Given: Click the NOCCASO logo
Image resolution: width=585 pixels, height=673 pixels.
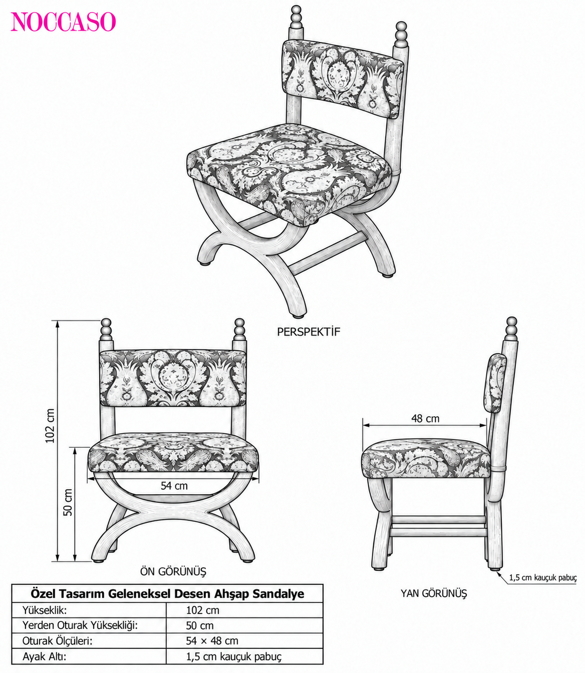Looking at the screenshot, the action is pos(63,22).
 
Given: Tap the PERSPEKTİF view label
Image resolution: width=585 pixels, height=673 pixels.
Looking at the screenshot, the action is pos(308,332).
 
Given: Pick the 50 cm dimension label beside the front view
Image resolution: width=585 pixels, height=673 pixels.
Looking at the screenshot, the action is pos(68,502).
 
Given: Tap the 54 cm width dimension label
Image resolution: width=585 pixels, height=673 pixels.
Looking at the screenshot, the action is pos(174,486).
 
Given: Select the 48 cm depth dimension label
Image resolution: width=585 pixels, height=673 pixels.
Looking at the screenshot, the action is pos(425,418).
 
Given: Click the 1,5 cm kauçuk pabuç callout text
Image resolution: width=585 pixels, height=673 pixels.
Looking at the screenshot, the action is pos(543,577).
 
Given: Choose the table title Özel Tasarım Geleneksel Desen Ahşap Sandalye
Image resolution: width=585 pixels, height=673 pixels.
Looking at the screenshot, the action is pos(167,594).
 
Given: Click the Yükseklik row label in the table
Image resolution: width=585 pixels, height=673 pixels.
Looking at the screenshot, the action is pos(45,610).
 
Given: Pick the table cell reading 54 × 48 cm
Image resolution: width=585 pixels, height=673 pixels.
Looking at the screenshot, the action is pos(212,640).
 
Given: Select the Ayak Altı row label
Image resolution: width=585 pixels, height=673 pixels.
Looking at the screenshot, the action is pos(45,656).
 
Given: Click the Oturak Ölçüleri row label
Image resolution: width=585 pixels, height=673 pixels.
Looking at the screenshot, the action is pos(57,641).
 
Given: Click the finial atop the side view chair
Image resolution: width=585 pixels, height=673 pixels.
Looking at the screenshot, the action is pos(511,329).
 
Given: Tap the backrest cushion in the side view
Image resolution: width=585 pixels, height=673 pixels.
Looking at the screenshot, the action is pos(494,383).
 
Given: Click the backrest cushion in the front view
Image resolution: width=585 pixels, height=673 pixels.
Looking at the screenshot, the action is pos(173,378).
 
